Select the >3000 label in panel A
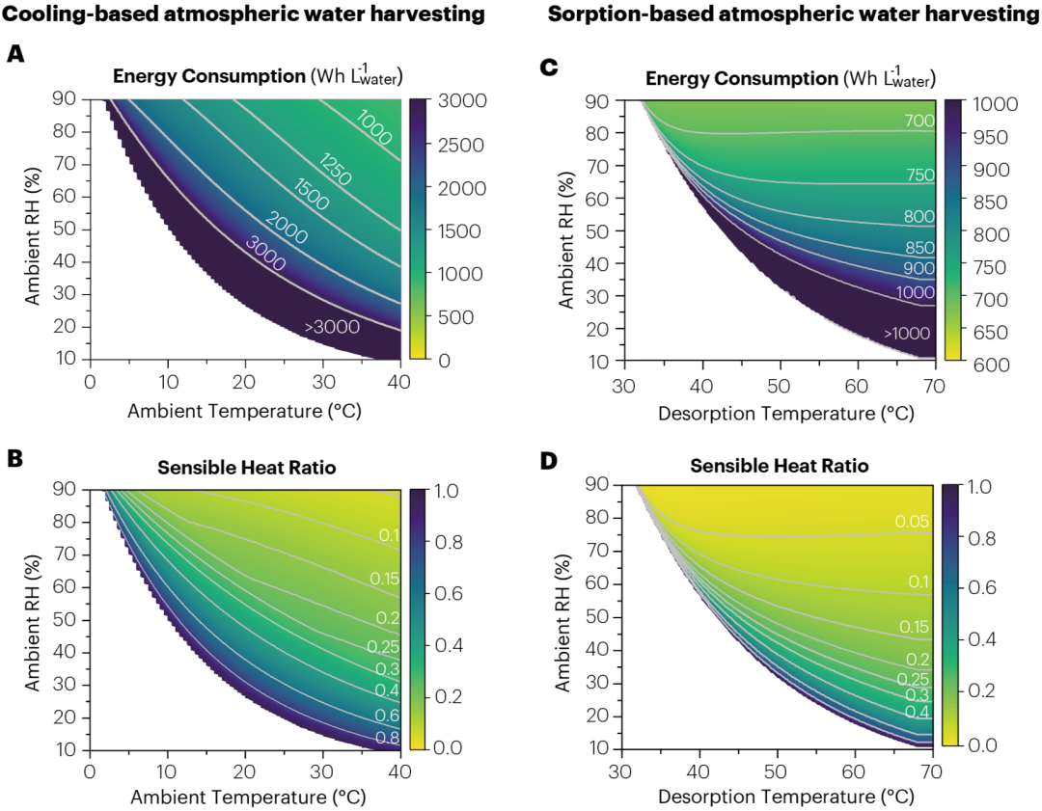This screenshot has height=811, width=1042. [x=333, y=327]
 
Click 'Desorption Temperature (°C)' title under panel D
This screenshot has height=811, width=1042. [x=785, y=797]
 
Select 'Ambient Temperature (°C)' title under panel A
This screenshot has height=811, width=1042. [x=244, y=413]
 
